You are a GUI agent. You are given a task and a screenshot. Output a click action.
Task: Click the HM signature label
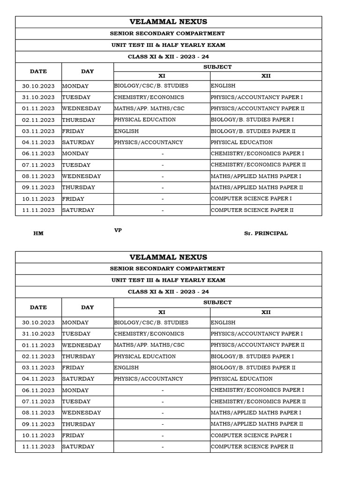click(38, 233)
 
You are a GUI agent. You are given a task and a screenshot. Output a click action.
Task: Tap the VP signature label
click(118, 230)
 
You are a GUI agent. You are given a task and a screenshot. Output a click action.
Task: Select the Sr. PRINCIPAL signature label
click(266, 233)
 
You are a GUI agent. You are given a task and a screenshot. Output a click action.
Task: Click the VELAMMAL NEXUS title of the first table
click(168, 22)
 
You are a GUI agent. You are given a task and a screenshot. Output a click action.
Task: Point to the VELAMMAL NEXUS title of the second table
click(168, 257)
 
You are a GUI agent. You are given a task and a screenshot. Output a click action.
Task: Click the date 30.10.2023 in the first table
click(38, 86)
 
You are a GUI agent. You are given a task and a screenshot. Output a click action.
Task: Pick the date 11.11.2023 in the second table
click(38, 447)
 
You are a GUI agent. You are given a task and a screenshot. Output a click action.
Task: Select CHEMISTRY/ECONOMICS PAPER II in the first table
click(258, 165)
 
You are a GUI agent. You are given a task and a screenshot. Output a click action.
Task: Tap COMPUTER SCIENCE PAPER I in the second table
click(251, 435)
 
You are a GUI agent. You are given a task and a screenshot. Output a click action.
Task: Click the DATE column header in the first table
click(38, 72)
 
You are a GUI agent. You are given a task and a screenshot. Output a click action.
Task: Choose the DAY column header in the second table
click(87, 307)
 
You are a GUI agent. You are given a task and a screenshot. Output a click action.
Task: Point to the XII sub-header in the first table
click(266, 76)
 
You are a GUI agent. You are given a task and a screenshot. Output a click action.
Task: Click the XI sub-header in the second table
click(162, 312)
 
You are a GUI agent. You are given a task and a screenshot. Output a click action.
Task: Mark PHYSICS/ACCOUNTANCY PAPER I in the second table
click(257, 334)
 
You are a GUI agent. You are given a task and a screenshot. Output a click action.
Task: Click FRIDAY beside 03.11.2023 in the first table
click(73, 131)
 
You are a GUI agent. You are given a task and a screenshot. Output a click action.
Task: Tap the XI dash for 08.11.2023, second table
click(162, 413)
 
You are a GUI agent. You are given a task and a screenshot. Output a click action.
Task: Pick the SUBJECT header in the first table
click(217, 67)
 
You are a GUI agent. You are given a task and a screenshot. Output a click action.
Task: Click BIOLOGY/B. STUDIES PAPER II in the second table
click(253, 367)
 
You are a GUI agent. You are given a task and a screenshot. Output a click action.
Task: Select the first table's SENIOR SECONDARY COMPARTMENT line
click(168, 34)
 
